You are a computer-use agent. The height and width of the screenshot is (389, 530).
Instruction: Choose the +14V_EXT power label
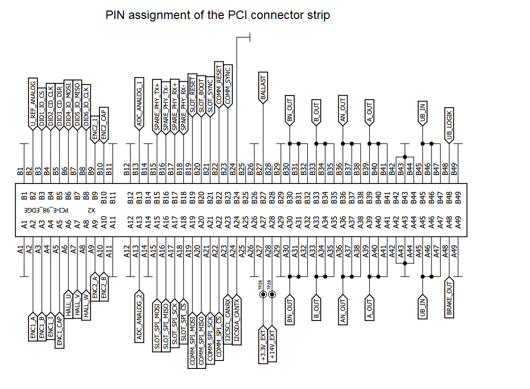tap(272, 344)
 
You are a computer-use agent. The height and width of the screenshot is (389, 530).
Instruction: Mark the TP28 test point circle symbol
tap(272, 294)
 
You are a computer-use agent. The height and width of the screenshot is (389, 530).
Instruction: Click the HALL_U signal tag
tap(68, 302)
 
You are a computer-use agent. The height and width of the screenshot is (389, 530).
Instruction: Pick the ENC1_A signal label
tap(32, 327)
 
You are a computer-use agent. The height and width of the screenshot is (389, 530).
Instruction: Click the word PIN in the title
tap(115, 15)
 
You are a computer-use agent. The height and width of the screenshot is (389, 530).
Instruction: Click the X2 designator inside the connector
tap(91, 210)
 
